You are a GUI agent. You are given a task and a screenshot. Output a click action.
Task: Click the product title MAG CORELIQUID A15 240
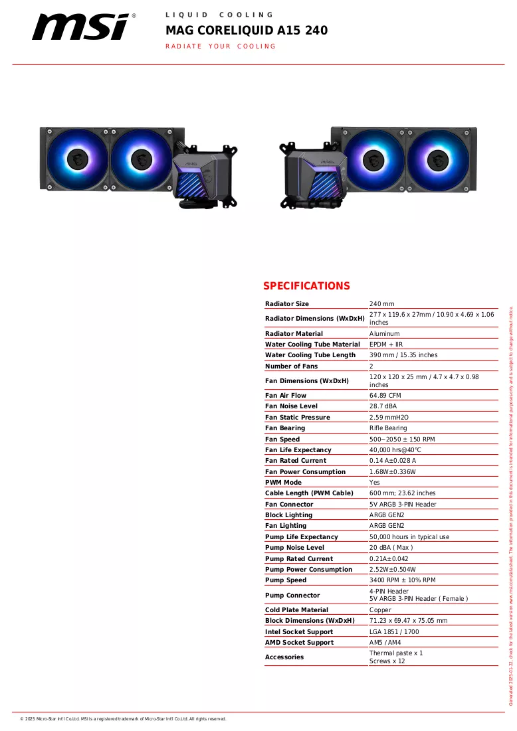point(247,31)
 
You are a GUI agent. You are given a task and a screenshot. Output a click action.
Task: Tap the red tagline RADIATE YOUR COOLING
point(221,46)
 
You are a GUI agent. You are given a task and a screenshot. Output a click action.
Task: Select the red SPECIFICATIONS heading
point(306,285)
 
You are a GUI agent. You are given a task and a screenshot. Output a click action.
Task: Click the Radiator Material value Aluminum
point(385,334)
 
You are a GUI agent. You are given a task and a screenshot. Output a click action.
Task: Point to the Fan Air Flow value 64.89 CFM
point(385,395)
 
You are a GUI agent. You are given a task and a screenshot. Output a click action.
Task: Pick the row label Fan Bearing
point(285,428)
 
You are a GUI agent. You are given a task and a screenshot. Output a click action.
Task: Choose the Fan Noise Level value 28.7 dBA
point(383,406)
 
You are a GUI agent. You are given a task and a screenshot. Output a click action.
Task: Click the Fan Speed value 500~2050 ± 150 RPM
point(402,439)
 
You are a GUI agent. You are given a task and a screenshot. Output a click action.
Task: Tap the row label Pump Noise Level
point(294,547)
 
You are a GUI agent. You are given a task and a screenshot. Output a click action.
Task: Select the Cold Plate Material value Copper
point(380,609)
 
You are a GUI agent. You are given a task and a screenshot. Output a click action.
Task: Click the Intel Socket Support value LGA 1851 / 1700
point(394,631)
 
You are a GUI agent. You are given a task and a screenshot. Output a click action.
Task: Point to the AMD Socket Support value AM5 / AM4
point(385,643)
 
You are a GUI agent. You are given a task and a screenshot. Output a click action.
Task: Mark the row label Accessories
point(284,657)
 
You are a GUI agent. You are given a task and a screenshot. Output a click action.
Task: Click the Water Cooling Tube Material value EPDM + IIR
point(386,344)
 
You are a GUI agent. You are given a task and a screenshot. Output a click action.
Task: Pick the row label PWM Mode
point(283,483)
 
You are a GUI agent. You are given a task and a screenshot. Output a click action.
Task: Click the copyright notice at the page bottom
point(123,719)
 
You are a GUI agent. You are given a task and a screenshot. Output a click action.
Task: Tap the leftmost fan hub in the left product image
point(78,159)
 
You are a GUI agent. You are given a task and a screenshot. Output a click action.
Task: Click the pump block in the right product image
point(316,175)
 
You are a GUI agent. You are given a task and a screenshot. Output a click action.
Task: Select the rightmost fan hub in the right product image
point(438,161)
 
